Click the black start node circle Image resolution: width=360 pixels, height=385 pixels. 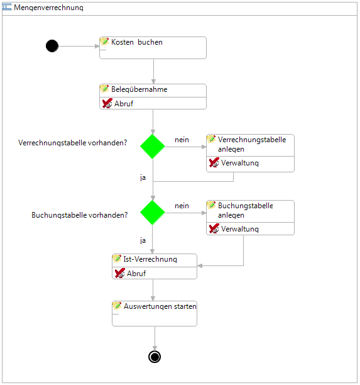(x=52, y=46)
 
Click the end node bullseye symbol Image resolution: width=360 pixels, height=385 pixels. (x=155, y=357)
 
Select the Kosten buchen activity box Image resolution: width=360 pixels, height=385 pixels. (x=153, y=48)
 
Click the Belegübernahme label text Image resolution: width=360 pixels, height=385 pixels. (x=139, y=89)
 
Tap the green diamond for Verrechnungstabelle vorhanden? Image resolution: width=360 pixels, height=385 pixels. (x=153, y=147)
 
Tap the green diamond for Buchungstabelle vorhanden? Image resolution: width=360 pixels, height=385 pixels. (x=153, y=213)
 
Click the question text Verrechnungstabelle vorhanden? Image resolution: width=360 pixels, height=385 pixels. (x=73, y=143)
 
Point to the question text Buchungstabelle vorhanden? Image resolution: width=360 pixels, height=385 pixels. (x=80, y=215)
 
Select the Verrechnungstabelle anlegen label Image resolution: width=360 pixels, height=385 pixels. (x=252, y=145)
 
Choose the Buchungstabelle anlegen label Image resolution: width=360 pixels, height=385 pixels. (x=246, y=210)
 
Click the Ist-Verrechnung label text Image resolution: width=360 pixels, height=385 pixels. (x=150, y=259)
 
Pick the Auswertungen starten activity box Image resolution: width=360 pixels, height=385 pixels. (x=155, y=313)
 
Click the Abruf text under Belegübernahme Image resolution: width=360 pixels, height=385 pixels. (x=124, y=104)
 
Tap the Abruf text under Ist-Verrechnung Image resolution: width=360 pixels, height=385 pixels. (x=136, y=273)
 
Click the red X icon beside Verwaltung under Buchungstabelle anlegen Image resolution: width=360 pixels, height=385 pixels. (x=214, y=228)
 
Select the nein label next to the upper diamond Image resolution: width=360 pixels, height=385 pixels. (x=182, y=140)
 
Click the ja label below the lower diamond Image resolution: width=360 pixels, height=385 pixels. (x=143, y=240)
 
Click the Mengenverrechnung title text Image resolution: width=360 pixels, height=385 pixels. (x=48, y=8)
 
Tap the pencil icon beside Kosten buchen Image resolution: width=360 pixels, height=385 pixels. (x=104, y=42)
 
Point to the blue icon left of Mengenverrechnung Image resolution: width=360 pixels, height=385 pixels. (x=7, y=7)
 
